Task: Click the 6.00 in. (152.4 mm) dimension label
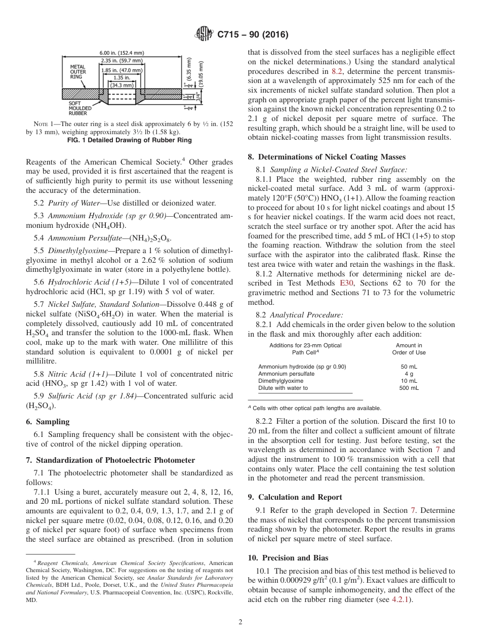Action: pos(122,53)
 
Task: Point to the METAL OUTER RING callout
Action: pos(77,73)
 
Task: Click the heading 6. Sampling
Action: pos(48,422)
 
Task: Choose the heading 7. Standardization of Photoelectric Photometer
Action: pos(110,460)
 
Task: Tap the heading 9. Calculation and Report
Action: pos(295,497)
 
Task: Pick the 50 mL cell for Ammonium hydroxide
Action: pos(409,367)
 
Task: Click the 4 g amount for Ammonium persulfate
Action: pos(409,374)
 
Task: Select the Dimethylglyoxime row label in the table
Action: pos(280,381)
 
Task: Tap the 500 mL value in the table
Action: pos(409,388)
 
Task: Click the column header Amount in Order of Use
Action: pos(409,349)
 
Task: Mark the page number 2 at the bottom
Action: pos(240,622)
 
